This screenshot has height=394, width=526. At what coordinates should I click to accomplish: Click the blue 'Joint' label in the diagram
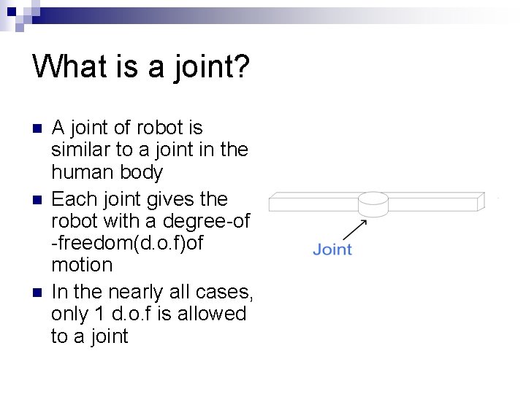[x=332, y=250]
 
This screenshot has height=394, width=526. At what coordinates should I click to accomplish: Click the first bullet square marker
[x=39, y=128]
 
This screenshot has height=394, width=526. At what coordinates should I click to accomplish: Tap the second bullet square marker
[x=39, y=199]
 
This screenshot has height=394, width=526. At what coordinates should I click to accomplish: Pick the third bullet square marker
[x=39, y=293]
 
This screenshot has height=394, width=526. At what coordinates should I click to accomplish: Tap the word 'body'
[x=142, y=174]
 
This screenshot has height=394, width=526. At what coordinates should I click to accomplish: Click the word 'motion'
[x=82, y=264]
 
